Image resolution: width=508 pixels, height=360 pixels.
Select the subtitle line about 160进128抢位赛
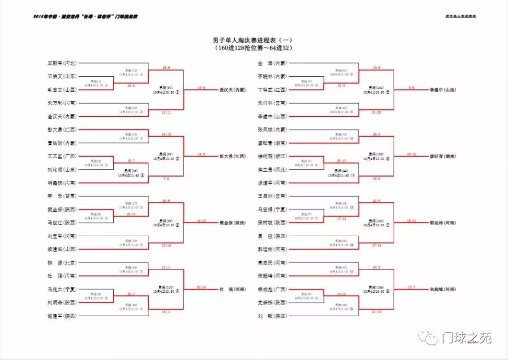point(254,48)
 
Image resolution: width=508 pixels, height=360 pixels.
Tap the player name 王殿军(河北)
point(62,63)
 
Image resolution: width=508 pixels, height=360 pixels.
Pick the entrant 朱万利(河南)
point(62,103)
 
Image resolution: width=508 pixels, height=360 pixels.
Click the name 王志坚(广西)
point(62,156)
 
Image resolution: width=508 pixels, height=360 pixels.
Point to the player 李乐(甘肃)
point(62,196)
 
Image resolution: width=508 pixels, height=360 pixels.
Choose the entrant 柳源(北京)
point(62,263)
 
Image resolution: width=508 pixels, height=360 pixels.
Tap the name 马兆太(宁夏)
point(62,289)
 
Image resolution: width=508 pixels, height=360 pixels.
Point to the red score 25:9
point(166,68)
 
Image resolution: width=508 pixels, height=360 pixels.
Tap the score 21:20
point(376,112)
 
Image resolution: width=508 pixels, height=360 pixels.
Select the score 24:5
point(376,134)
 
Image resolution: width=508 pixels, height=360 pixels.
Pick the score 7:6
point(166,179)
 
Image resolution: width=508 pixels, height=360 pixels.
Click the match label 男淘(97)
point(166,88)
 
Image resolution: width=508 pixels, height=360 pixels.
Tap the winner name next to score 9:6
point(442,89)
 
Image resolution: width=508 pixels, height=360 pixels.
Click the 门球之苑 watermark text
point(466,337)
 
